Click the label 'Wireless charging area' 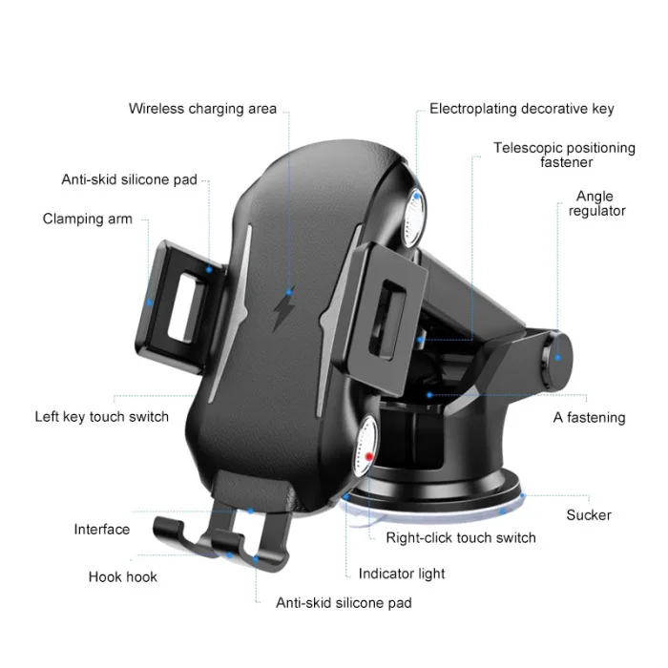pos(202,109)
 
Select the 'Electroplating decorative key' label pos(521,109)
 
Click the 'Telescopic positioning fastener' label pos(564,155)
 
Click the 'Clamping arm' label pos(87,219)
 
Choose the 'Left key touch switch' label pos(101,416)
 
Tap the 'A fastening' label pos(589,417)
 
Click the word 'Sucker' pos(588,515)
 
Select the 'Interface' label pos(101,530)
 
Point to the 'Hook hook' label pos(123,576)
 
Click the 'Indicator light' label pos(402,574)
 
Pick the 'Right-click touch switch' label pos(460,537)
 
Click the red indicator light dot pos(367,458)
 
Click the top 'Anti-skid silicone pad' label pos(129,178)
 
